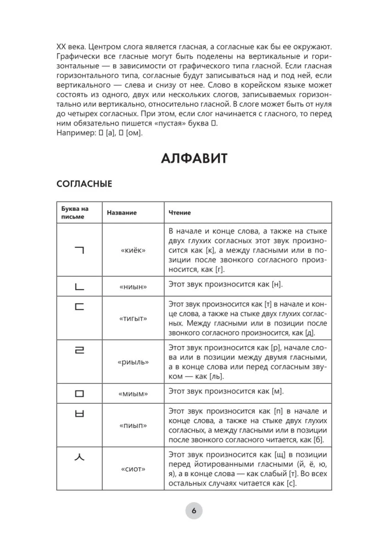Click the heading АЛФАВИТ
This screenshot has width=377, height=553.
coord(194,159)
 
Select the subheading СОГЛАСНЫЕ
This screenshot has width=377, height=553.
coord(84,184)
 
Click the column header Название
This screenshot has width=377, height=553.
coord(122,212)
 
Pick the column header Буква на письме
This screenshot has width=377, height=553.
coord(75,212)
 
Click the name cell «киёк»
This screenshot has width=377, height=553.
coord(133,251)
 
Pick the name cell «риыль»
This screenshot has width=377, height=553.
coord(133,362)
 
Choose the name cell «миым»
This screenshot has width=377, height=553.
coord(133,393)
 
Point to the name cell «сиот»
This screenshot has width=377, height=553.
coord(133,469)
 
